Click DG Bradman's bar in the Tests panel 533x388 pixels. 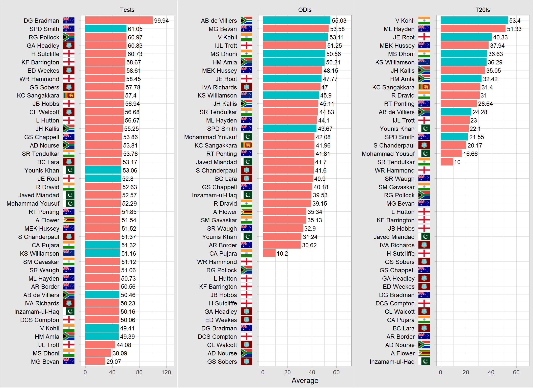(x=119, y=20)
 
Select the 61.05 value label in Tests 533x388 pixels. (x=135, y=29)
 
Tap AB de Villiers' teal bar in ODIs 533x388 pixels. (x=297, y=20)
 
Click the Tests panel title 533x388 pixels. (x=127, y=10)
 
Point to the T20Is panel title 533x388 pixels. (x=483, y=10)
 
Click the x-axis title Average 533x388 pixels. (x=305, y=380)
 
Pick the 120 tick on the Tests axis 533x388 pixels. (x=166, y=372)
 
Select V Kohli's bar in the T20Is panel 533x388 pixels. (x=474, y=20)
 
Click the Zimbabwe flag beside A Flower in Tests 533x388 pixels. (x=69, y=220)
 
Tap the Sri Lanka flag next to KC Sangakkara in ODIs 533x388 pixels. (x=246, y=145)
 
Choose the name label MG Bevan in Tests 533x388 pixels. (x=45, y=361)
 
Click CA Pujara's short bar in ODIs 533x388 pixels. (x=269, y=253)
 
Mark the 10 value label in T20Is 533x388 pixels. (x=457, y=162)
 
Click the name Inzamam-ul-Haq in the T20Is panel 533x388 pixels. (x=392, y=361)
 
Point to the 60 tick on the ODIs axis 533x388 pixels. (x=336, y=372)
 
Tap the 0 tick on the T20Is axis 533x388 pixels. (x=441, y=372)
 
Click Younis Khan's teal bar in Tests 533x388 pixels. (x=103, y=170)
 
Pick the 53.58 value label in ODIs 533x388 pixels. (x=337, y=29)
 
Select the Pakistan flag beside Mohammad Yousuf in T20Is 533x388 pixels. (x=424, y=154)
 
